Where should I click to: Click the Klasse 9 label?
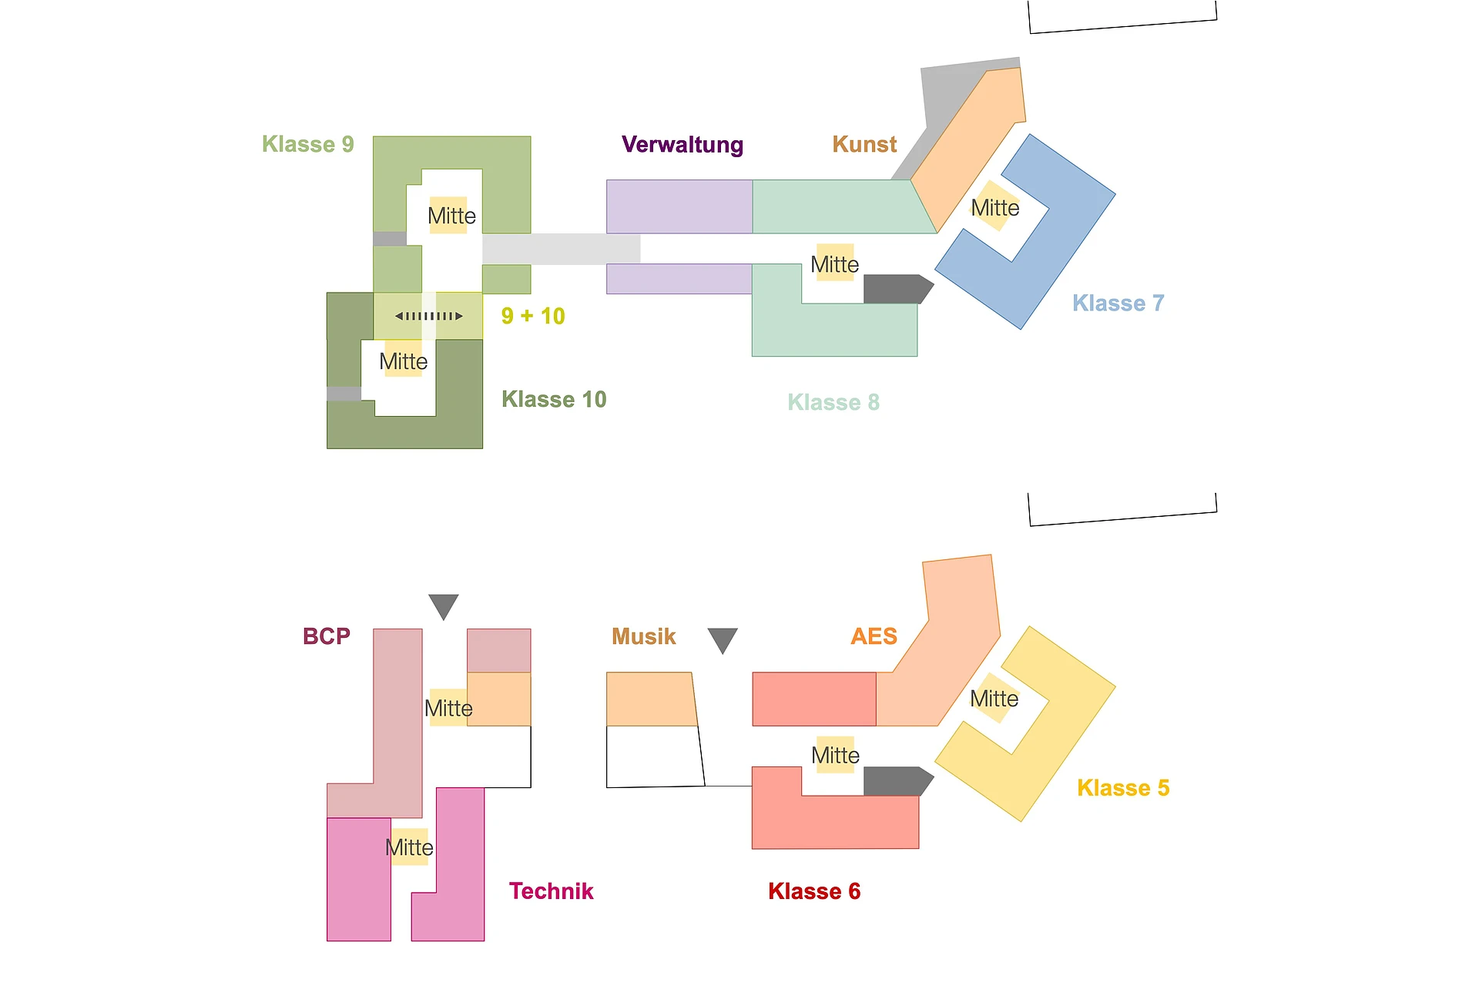pos(307,144)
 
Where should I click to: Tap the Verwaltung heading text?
pos(682,145)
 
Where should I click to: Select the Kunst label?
pos(864,144)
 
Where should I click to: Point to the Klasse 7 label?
pos(1118,303)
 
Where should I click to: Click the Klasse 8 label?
pos(833,402)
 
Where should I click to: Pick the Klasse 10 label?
pos(554,399)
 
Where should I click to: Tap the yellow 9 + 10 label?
pos(532,316)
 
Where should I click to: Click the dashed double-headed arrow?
pos(429,316)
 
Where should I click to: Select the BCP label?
pos(327,636)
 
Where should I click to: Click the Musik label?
pos(643,636)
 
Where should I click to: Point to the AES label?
pos(874,636)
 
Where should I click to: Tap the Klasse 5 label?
pos(1123,788)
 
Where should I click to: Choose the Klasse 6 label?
pos(814,891)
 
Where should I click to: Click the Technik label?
pos(551,891)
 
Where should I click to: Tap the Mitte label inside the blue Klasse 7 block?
pos(994,208)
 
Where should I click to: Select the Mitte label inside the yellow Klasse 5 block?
pos(994,699)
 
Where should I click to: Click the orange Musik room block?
pos(651,699)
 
